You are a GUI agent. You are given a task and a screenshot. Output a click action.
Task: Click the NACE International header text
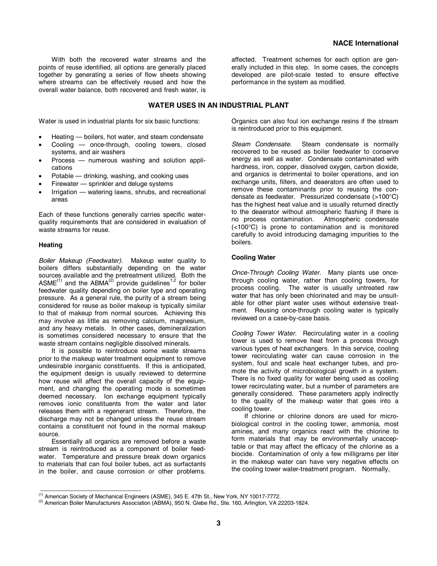[x=365, y=43]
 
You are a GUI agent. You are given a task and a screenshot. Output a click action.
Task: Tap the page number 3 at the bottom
[x=218, y=523]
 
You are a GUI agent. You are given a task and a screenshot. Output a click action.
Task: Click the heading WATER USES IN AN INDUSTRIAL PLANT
[x=218, y=105]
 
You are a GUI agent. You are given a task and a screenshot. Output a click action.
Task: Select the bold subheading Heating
[x=51, y=245]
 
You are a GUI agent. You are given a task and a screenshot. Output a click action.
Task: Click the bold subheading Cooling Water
[x=253, y=257]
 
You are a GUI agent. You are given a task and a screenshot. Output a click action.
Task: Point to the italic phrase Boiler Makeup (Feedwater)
[x=80, y=260]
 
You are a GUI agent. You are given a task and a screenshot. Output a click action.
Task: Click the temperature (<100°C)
[x=246, y=227]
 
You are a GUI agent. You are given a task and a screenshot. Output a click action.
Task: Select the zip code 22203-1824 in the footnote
[x=293, y=503]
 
